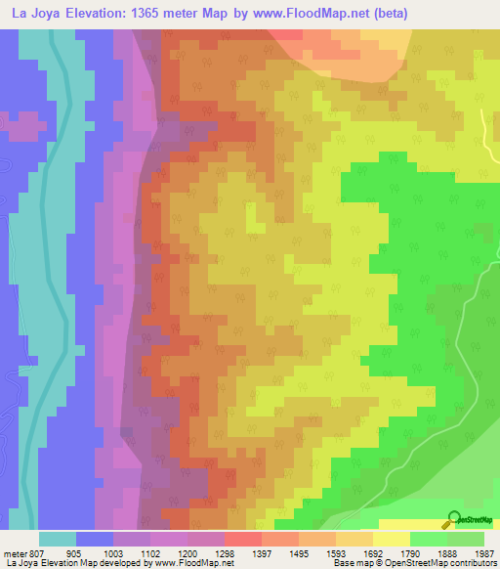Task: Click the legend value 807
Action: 32,550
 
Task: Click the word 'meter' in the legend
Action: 13,550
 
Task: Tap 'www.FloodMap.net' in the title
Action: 312,13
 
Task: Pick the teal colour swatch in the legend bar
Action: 57,538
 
